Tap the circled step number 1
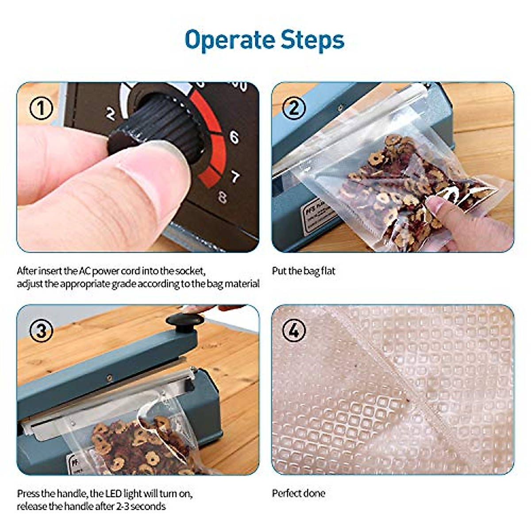click(41, 108)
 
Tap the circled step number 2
click(294, 108)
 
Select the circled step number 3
click(41, 331)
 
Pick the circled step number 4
click(294, 330)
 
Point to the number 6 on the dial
click(234, 137)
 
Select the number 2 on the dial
click(111, 114)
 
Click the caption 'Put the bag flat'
click(304, 271)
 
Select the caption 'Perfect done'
click(298, 493)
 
